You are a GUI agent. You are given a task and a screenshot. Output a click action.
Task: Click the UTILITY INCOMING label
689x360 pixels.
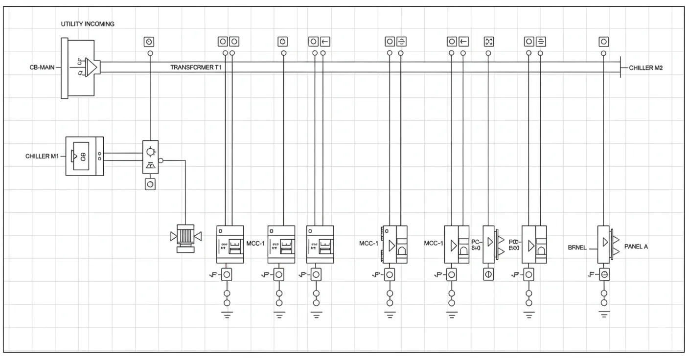pyautogui.click(x=88, y=24)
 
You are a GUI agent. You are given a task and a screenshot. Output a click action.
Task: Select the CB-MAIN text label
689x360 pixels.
pyautogui.click(x=42, y=67)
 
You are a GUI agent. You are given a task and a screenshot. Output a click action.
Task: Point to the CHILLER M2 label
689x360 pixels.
pyautogui.click(x=646, y=67)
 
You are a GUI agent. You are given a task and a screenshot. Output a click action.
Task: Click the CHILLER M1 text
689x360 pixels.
pyautogui.click(x=42, y=157)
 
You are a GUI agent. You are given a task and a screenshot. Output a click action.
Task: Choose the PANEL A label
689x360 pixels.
pyautogui.click(x=636, y=247)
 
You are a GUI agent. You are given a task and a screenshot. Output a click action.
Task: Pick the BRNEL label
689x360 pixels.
pyautogui.click(x=577, y=247)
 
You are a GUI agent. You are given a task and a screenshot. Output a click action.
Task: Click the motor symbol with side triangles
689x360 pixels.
pyautogui.click(x=185, y=237)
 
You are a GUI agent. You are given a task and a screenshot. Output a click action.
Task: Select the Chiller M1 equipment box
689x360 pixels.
pyautogui.click(x=84, y=157)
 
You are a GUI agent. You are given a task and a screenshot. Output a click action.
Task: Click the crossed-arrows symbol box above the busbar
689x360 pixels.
pyautogui.click(x=488, y=42)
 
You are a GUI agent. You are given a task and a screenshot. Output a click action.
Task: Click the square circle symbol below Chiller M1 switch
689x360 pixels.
pyautogui.click(x=150, y=184)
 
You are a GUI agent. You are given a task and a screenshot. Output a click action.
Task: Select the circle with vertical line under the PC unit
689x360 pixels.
pyautogui.click(x=488, y=274)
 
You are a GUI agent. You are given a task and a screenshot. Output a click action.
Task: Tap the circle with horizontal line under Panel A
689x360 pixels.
pyautogui.click(x=604, y=274)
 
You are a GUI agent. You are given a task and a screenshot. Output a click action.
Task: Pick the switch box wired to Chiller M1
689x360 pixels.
pyautogui.click(x=150, y=157)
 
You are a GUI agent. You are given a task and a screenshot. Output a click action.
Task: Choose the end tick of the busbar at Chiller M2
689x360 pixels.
pyautogui.click(x=620, y=67)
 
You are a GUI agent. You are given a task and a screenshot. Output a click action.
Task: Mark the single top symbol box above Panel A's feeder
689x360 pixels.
pyautogui.click(x=604, y=42)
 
